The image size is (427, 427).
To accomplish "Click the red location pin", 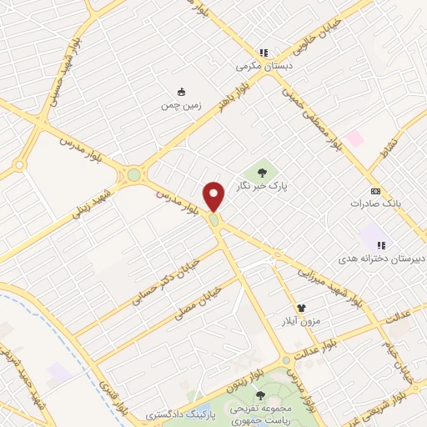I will click(214, 196).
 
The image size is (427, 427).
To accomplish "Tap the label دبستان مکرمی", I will click(259, 65).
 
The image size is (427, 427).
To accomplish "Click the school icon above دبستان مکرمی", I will click(264, 52).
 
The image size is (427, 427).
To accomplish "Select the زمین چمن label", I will click(181, 106).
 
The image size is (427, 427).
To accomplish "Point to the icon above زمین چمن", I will click(181, 92).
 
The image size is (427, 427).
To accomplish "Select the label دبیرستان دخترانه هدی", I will click(381, 259).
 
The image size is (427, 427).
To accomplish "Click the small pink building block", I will click(355, 138).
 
